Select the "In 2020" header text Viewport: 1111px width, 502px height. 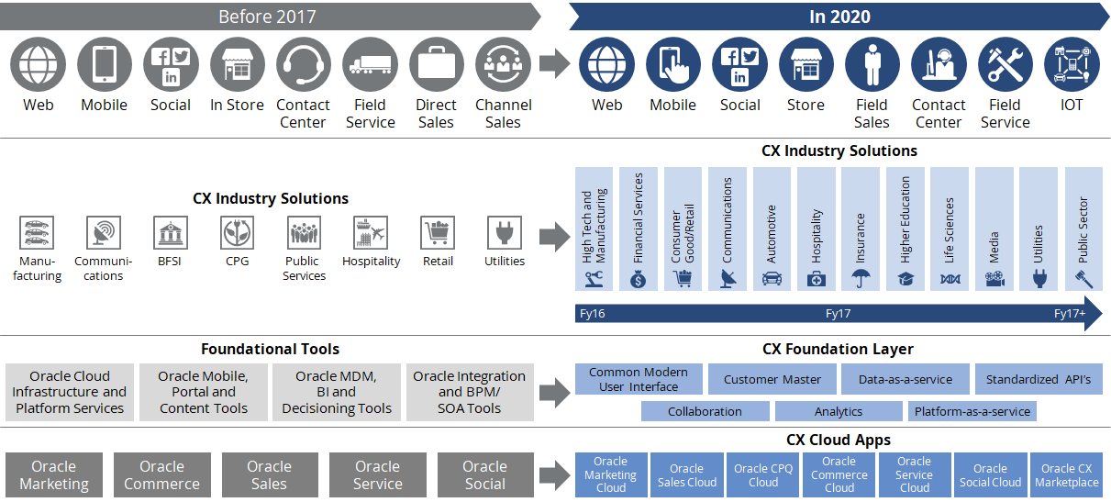click(x=839, y=17)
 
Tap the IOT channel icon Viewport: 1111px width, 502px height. click(x=1072, y=65)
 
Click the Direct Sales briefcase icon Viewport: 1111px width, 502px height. click(x=436, y=65)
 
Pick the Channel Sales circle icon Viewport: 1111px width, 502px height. click(x=503, y=65)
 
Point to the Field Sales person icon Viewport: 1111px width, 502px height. click(x=872, y=65)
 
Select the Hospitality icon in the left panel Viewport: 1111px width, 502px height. click(x=371, y=233)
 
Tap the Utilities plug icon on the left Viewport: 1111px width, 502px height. click(x=504, y=233)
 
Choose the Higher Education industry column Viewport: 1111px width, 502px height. click(x=905, y=229)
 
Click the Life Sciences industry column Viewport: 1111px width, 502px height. click(x=950, y=229)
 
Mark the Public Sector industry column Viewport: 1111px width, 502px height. click(x=1083, y=229)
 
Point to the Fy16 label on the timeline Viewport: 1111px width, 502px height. click(x=593, y=314)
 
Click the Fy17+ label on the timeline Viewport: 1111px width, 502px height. click(x=1070, y=314)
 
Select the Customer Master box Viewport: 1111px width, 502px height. click(x=772, y=379)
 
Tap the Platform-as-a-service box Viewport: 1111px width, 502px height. click(x=972, y=411)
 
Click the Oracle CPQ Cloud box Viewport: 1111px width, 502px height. click(x=762, y=475)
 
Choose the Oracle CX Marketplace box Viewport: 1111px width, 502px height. click(x=1066, y=475)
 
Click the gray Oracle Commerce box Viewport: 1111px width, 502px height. click(x=161, y=475)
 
